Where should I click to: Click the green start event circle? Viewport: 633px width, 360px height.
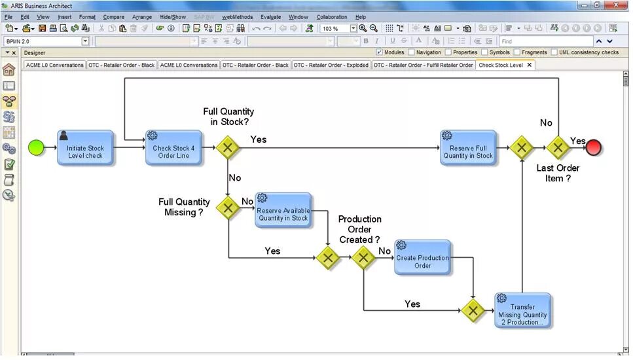tap(37, 148)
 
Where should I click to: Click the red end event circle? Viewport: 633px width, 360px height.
tap(594, 148)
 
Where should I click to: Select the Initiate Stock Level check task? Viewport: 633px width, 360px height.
tap(85, 148)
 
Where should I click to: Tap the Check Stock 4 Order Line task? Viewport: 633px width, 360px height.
tap(173, 148)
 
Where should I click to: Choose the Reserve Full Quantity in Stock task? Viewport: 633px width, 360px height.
tap(468, 148)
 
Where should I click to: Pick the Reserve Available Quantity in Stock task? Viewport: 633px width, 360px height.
tap(283, 210)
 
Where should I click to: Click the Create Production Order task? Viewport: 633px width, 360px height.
tap(422, 258)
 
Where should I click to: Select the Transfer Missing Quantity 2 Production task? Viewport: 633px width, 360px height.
tap(522, 311)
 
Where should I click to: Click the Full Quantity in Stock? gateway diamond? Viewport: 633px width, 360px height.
tap(228, 148)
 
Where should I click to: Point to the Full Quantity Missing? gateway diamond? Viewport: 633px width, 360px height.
tap(228, 209)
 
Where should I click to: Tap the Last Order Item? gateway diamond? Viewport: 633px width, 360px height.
tap(558, 148)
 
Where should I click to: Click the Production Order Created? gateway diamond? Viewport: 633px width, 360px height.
tap(363, 258)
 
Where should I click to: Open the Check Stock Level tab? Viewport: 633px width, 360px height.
tap(501, 65)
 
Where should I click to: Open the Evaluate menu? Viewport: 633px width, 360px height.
tap(270, 17)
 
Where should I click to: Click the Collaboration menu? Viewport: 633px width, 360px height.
tap(332, 17)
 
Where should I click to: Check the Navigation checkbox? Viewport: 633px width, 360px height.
tap(412, 52)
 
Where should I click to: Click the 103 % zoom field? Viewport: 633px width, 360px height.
tap(335, 29)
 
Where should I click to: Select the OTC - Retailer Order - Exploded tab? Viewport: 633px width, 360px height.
tap(331, 65)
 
